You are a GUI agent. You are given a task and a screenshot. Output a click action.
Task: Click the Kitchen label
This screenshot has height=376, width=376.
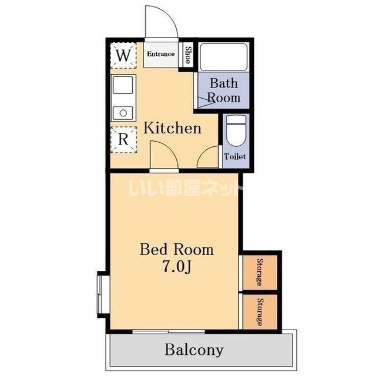(x=172, y=128)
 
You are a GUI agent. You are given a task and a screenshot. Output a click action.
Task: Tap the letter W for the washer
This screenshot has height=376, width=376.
(x=123, y=55)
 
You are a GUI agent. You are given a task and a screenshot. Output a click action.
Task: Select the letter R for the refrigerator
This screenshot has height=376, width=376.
(x=123, y=139)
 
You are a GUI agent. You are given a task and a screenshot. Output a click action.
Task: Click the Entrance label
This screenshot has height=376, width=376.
(x=160, y=54)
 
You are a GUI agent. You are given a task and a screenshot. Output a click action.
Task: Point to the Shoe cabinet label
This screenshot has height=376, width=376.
(x=189, y=55)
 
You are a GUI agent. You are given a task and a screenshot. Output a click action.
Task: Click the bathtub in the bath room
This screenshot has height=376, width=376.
(x=223, y=58)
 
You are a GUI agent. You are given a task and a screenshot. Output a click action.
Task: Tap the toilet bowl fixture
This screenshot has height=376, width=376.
(x=236, y=130)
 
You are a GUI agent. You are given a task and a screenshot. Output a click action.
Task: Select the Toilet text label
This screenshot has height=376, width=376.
(x=235, y=157)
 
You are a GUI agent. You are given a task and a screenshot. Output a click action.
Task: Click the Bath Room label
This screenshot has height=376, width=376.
(x=224, y=90)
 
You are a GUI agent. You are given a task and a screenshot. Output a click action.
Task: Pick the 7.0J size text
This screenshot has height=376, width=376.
(x=177, y=266)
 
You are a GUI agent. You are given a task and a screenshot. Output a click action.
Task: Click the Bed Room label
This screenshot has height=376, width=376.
(x=177, y=249)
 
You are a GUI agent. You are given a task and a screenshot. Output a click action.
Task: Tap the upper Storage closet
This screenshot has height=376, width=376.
(x=260, y=272)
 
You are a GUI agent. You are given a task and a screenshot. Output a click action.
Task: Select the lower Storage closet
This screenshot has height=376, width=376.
(x=260, y=312)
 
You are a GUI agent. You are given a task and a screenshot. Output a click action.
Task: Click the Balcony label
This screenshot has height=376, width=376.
(x=194, y=350)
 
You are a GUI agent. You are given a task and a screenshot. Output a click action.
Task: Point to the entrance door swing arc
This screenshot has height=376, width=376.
(x=172, y=17)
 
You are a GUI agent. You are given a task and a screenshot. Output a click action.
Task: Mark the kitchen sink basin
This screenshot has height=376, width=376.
(x=123, y=85)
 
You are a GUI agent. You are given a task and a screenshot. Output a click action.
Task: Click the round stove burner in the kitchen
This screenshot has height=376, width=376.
(x=123, y=113)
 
